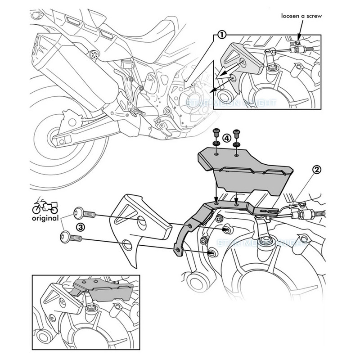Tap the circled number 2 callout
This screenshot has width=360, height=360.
click(317, 169)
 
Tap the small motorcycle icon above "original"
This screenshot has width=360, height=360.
click(45, 207)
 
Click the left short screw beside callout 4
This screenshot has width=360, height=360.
click(216, 134)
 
